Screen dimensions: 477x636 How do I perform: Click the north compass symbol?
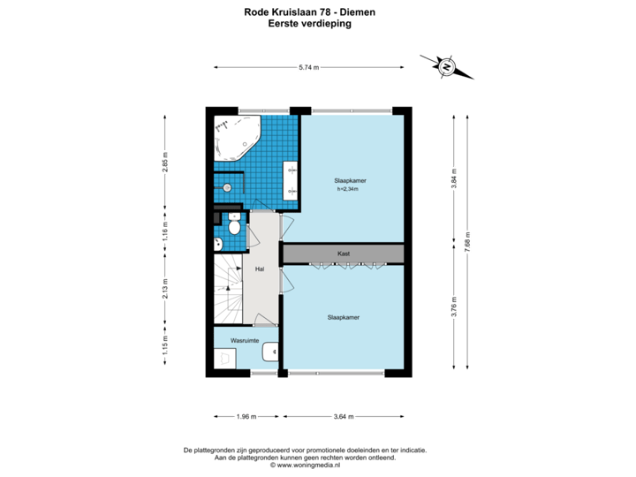[447, 66]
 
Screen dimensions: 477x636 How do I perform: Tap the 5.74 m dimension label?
[308, 67]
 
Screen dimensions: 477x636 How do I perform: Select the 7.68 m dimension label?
[467, 245]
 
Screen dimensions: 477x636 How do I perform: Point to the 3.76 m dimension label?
[453, 307]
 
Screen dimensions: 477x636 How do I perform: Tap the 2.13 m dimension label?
[164, 288]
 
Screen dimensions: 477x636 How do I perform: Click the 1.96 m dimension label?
[246, 415]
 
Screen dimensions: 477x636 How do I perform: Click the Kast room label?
[344, 254]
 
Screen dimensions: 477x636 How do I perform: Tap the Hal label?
[260, 269]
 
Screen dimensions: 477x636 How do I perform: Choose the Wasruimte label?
[244, 339]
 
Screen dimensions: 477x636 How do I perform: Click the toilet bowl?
[234, 226]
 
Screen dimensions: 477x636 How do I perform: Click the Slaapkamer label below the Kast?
[343, 317]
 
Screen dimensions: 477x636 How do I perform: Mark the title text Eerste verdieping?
[309, 25]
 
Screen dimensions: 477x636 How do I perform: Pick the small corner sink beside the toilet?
[217, 244]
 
